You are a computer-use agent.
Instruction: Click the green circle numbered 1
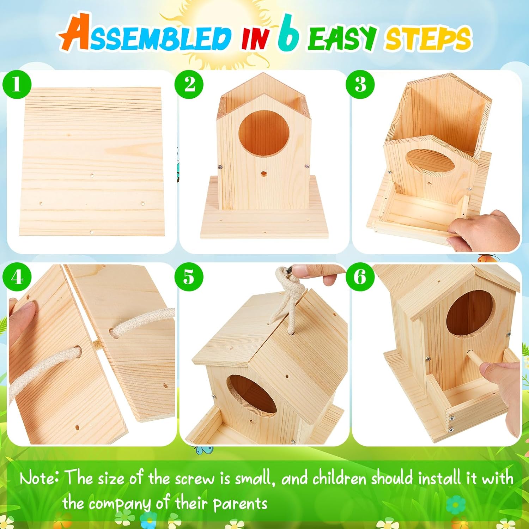pos(17,85)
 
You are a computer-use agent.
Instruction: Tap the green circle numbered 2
pos(189,85)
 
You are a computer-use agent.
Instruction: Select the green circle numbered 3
pos(360,85)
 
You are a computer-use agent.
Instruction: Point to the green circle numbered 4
pos(17,277)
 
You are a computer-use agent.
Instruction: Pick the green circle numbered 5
pos(189,277)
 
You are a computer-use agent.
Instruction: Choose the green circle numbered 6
pos(360,277)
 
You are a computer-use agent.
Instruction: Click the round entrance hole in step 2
pos(264,133)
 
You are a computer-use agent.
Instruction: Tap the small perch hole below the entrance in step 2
pos(263,174)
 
